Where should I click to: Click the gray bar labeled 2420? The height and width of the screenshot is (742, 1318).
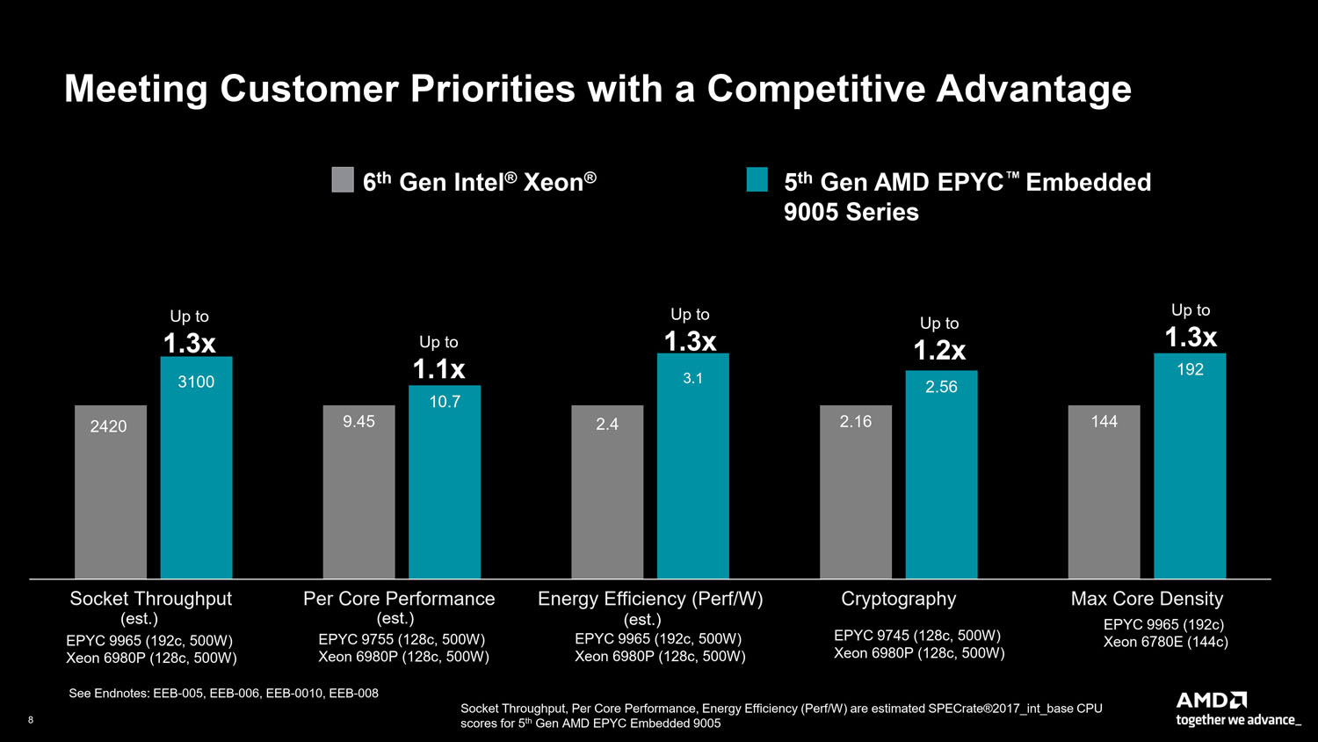coord(111,492)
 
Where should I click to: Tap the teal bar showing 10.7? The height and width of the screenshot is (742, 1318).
coord(445,482)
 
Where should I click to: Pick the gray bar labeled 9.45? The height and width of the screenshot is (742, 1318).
coord(358,492)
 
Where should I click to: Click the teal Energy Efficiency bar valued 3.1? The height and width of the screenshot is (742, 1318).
coord(692,466)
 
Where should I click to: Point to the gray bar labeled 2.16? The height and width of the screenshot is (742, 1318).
coord(855,492)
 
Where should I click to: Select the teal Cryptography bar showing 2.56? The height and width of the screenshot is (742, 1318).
coord(941,475)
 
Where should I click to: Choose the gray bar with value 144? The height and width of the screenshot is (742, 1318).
coord(1104,492)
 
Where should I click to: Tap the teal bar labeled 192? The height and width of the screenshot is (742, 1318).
coord(1190,466)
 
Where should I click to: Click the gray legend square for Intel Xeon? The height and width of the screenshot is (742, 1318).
coord(343,180)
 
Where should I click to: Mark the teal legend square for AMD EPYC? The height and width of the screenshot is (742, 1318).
coord(757,179)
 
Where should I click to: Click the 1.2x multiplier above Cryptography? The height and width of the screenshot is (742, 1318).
coord(939,351)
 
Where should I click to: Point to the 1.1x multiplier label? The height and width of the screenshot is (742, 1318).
coord(438,369)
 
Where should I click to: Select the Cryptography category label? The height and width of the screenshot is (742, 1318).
coord(898,599)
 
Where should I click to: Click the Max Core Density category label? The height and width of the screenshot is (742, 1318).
coord(1147,599)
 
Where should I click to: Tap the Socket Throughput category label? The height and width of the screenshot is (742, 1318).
coord(150,599)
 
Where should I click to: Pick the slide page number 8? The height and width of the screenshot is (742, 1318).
coord(31,720)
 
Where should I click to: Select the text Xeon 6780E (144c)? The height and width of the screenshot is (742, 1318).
coord(1165,643)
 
